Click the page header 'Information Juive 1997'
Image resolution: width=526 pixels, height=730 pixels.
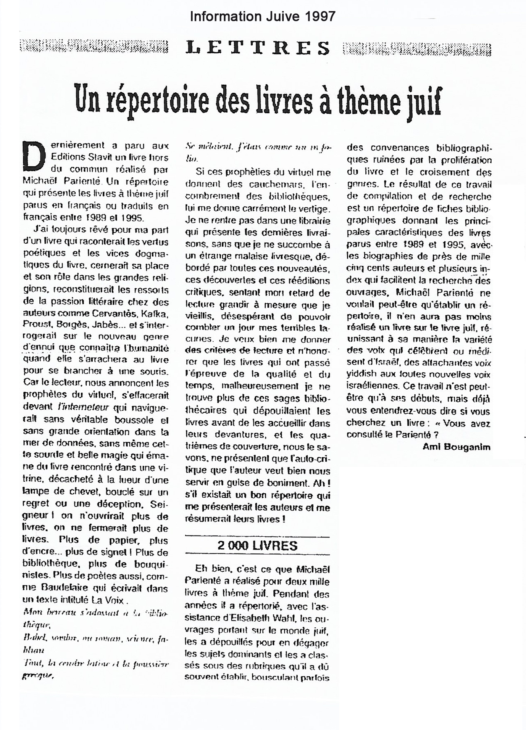pyautogui.click(x=263, y=16)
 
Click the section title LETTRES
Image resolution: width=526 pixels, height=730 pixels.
pyautogui.click(x=258, y=48)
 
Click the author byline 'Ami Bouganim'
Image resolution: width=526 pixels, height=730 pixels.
pyautogui.click(x=456, y=447)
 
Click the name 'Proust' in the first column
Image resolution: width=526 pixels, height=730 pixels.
pyautogui.click(x=37, y=325)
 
